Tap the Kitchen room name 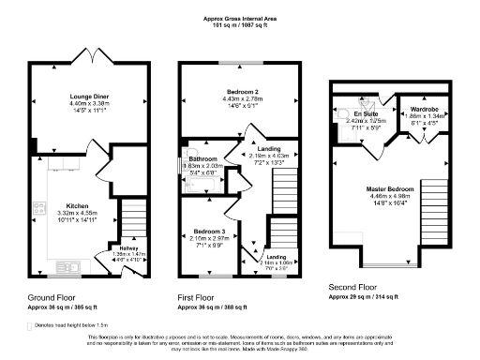(x=77, y=204)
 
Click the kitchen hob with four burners (x=38, y=209)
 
